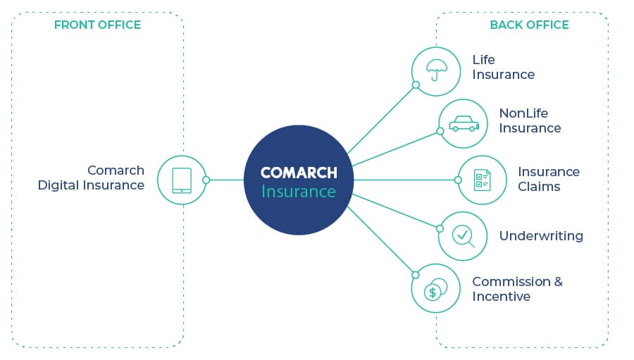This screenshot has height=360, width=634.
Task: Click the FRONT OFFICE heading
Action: [x=97, y=25]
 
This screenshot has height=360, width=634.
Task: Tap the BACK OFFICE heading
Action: [x=529, y=25]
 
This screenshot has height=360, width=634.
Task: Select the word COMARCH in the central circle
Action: [x=299, y=173]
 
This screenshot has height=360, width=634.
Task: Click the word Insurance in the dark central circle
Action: [x=299, y=191]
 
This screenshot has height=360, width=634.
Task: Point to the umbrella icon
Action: [x=436, y=70]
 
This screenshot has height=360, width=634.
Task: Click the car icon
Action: [x=463, y=124]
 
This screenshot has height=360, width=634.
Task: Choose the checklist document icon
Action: [x=483, y=180]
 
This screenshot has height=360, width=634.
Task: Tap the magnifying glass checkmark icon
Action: [x=463, y=235]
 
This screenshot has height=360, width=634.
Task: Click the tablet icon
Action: [x=181, y=180]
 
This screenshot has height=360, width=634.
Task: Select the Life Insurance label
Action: [x=503, y=67]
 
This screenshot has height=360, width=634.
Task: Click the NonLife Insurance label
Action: [x=530, y=120]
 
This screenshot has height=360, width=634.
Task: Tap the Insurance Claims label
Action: [x=549, y=179]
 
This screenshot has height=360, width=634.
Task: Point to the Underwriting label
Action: [x=541, y=236]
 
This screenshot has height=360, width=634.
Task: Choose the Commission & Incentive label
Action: [x=517, y=289]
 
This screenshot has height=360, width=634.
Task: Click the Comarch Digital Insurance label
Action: [x=91, y=178]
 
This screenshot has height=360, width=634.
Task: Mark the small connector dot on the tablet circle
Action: [x=206, y=180]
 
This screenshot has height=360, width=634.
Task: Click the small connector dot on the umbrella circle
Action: [x=416, y=85]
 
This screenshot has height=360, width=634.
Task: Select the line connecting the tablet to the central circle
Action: [x=225, y=180]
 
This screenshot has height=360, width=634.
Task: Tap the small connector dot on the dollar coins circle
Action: [x=416, y=274]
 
